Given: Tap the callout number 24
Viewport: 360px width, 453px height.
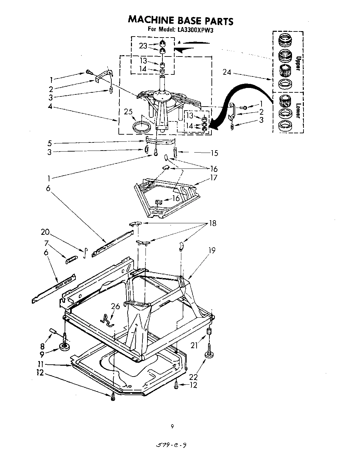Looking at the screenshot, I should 227,72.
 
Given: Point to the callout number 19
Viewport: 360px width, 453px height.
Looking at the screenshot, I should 212,250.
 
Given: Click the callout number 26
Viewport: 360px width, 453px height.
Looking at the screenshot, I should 115,307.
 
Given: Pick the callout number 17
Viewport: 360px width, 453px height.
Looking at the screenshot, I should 214,178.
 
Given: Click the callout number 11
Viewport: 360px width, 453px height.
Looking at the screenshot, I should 40,365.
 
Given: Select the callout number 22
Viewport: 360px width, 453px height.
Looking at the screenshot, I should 194,377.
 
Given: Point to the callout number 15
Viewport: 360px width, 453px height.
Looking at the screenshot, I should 214,153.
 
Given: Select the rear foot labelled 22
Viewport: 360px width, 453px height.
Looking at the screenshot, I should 209,355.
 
